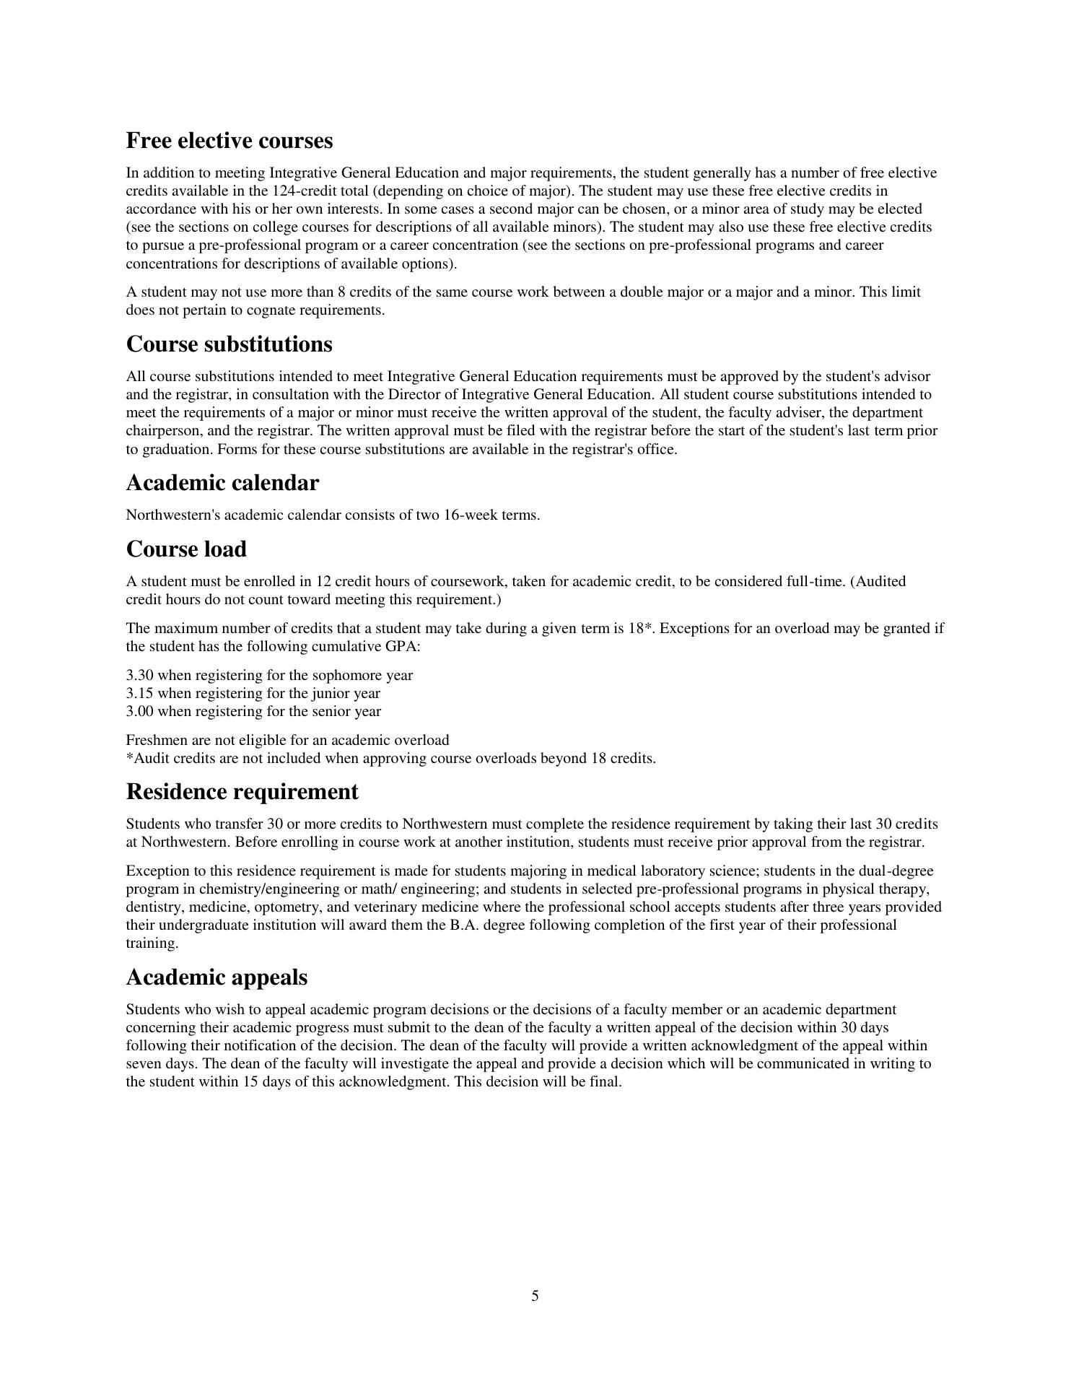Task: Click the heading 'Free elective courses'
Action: pos(229,141)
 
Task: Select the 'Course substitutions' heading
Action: pos(229,344)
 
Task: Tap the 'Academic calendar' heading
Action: pos(222,483)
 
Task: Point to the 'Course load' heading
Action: pos(186,549)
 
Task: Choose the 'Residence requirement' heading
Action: pos(242,792)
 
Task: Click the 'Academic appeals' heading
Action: pos(217,977)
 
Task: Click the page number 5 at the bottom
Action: pos(535,1296)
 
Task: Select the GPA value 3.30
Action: pos(140,675)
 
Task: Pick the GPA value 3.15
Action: pos(140,693)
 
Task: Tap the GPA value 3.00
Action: pos(140,711)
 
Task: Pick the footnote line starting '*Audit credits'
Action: pos(390,758)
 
